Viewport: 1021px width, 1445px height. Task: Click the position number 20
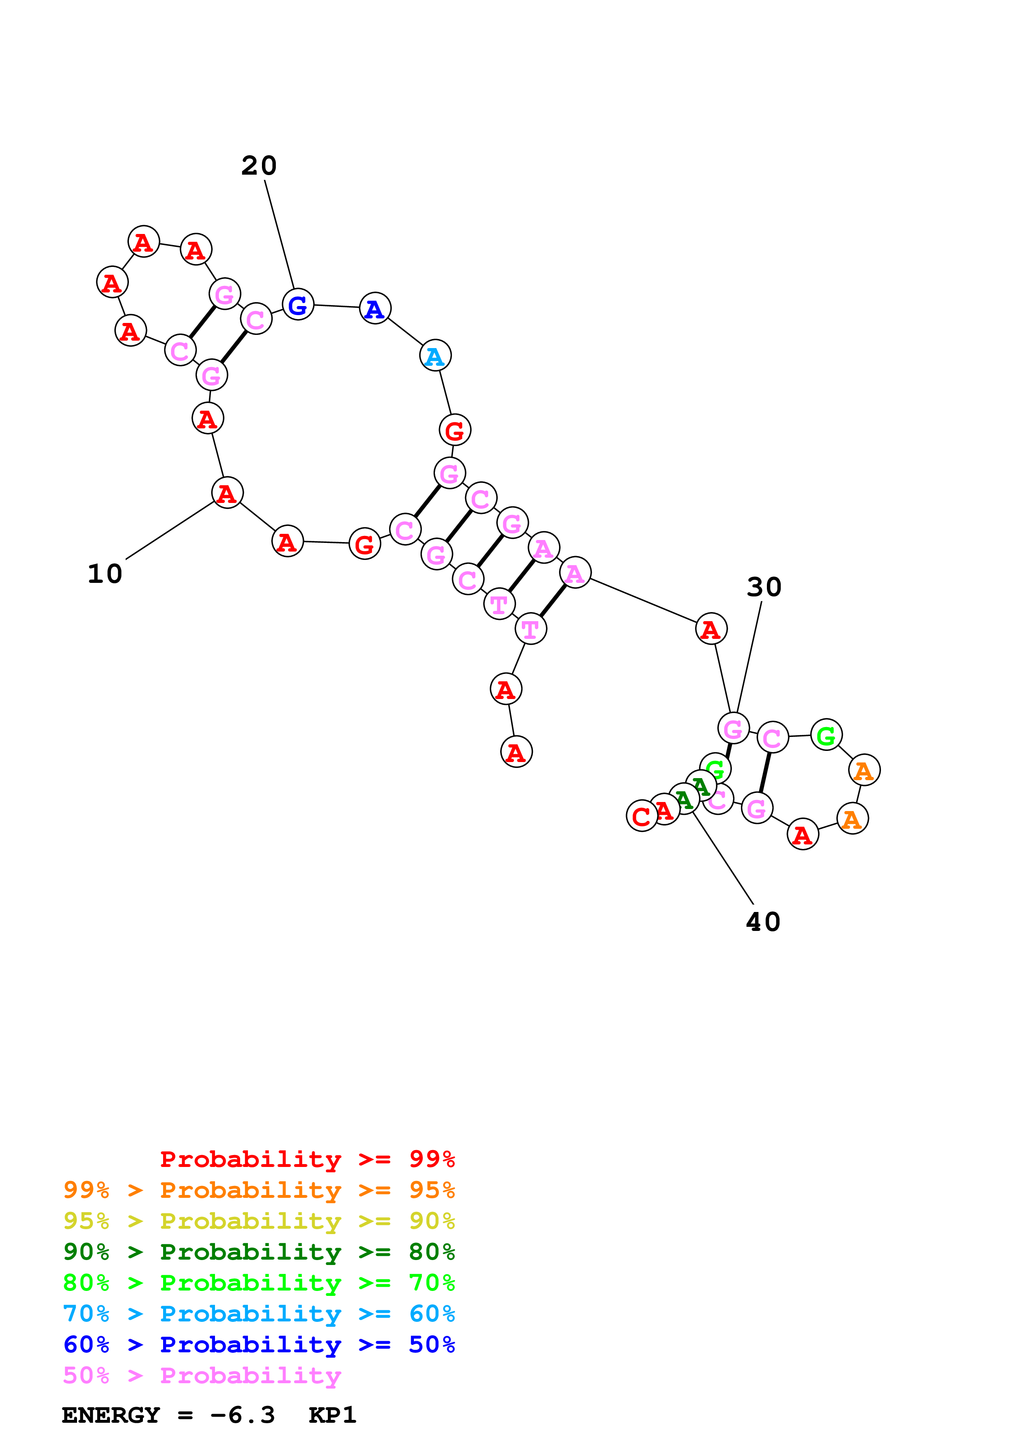click(259, 166)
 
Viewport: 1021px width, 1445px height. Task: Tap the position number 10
click(105, 574)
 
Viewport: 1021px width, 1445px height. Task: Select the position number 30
click(764, 587)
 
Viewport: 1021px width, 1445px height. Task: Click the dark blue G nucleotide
click(297, 304)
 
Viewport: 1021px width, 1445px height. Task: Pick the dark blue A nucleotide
click(375, 309)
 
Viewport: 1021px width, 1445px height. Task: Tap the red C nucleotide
click(641, 816)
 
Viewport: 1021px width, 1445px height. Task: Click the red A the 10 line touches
click(227, 493)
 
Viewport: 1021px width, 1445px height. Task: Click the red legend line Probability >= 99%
click(307, 1159)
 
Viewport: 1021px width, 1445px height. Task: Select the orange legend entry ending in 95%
click(259, 1190)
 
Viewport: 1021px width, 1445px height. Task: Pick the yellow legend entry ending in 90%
click(259, 1221)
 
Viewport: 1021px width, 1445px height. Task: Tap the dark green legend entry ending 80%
click(259, 1252)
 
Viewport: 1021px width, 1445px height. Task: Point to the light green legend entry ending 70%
click(259, 1283)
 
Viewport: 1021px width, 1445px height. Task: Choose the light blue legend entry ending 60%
click(259, 1314)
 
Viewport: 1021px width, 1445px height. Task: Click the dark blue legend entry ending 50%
click(259, 1344)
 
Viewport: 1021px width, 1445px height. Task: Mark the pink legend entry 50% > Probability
click(202, 1375)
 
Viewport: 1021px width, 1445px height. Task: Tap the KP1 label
click(332, 1415)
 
